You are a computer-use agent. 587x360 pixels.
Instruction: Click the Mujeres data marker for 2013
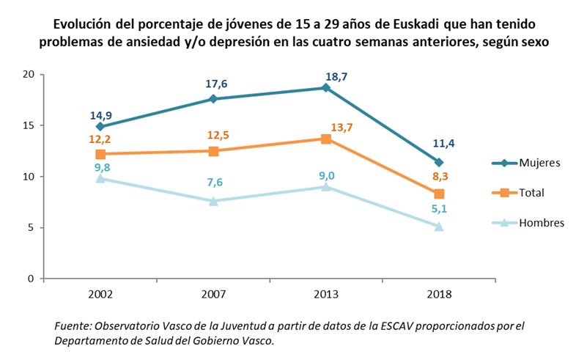325,88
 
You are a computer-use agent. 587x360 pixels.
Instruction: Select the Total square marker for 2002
100,154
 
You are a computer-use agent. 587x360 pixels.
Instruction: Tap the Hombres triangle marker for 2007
213,201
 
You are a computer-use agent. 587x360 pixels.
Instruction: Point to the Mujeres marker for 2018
438,163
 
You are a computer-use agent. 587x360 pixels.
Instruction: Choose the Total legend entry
533,193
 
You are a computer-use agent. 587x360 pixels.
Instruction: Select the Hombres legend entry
541,223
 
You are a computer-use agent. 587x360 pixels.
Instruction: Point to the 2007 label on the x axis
213,294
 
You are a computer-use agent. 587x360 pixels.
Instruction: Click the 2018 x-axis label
438,294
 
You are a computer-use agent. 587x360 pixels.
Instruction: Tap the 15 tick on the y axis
29,125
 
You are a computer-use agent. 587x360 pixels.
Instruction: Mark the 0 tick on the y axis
32,279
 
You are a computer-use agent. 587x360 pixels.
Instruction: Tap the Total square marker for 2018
438,194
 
